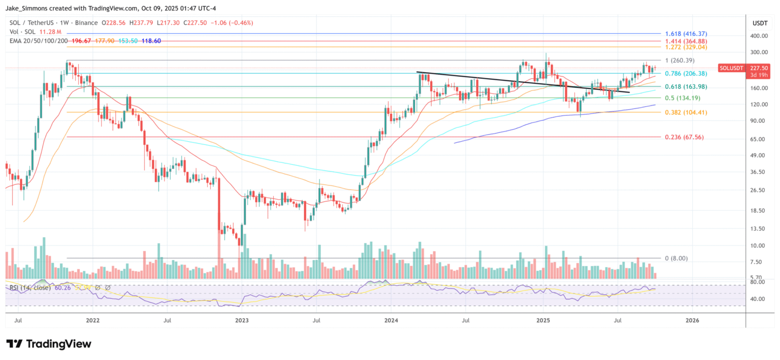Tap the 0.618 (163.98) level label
pyautogui.click(x=686, y=87)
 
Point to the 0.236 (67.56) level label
pyautogui.click(x=685, y=137)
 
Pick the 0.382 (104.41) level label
pyautogui.click(x=686, y=112)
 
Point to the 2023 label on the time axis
pyautogui.click(x=242, y=320)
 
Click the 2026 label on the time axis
pyautogui.click(x=692, y=320)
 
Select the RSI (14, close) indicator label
pyautogui.click(x=29, y=288)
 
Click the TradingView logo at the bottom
pyautogui.click(x=49, y=344)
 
